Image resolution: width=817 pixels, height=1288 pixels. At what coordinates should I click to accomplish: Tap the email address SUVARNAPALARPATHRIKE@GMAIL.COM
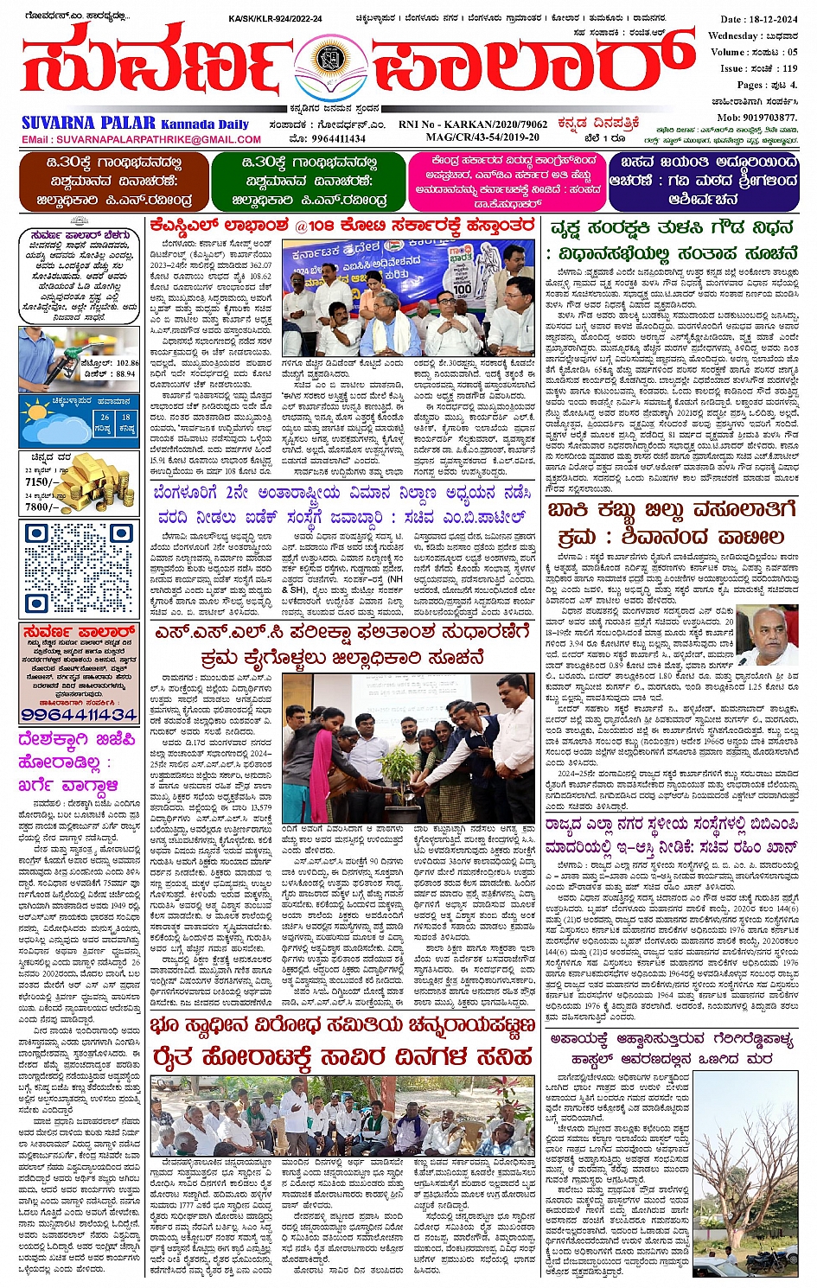(142, 139)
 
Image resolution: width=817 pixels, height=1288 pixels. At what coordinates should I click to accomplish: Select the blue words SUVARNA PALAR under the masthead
(88, 123)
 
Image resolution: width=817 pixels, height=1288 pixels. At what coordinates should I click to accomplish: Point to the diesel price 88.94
(124, 373)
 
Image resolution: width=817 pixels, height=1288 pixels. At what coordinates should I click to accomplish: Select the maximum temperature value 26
(105, 418)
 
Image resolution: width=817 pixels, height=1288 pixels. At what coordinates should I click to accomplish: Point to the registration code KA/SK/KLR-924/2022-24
(274, 19)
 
